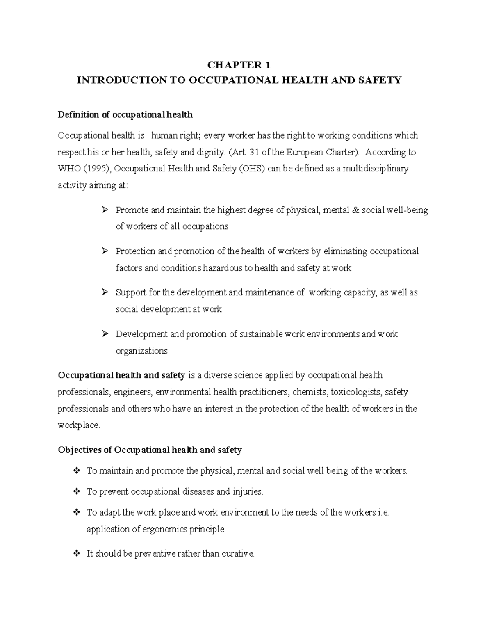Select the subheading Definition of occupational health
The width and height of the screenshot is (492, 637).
pyautogui.click(x=125, y=115)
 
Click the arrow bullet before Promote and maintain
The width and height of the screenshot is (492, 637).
pyautogui.click(x=105, y=210)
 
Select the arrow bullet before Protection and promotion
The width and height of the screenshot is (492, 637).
pyautogui.click(x=105, y=251)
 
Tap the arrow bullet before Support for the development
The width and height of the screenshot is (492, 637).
pyautogui.click(x=105, y=292)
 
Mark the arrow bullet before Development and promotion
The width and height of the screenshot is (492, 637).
pyautogui.click(x=105, y=334)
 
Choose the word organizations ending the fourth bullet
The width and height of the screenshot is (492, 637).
pyautogui.click(x=141, y=351)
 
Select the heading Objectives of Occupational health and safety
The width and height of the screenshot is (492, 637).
pyautogui.click(x=150, y=450)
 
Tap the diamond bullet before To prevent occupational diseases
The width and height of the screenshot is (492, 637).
pyautogui.click(x=76, y=491)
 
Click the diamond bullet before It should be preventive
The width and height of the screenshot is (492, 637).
pyautogui.click(x=76, y=554)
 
